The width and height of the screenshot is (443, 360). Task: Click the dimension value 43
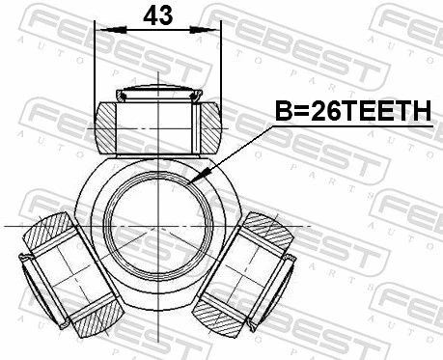tap(157, 16)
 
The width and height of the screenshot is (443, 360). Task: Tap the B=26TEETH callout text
tap(353, 111)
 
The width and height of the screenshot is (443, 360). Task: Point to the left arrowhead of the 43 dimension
tap(113, 30)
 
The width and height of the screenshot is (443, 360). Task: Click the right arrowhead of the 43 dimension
tap(203, 30)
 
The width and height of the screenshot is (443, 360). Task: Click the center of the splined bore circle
tap(160, 226)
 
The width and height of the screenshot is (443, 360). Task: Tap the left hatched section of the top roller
tap(105, 127)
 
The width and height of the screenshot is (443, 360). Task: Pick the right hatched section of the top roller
tap(211, 127)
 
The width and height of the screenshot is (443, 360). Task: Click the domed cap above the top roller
tap(159, 93)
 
